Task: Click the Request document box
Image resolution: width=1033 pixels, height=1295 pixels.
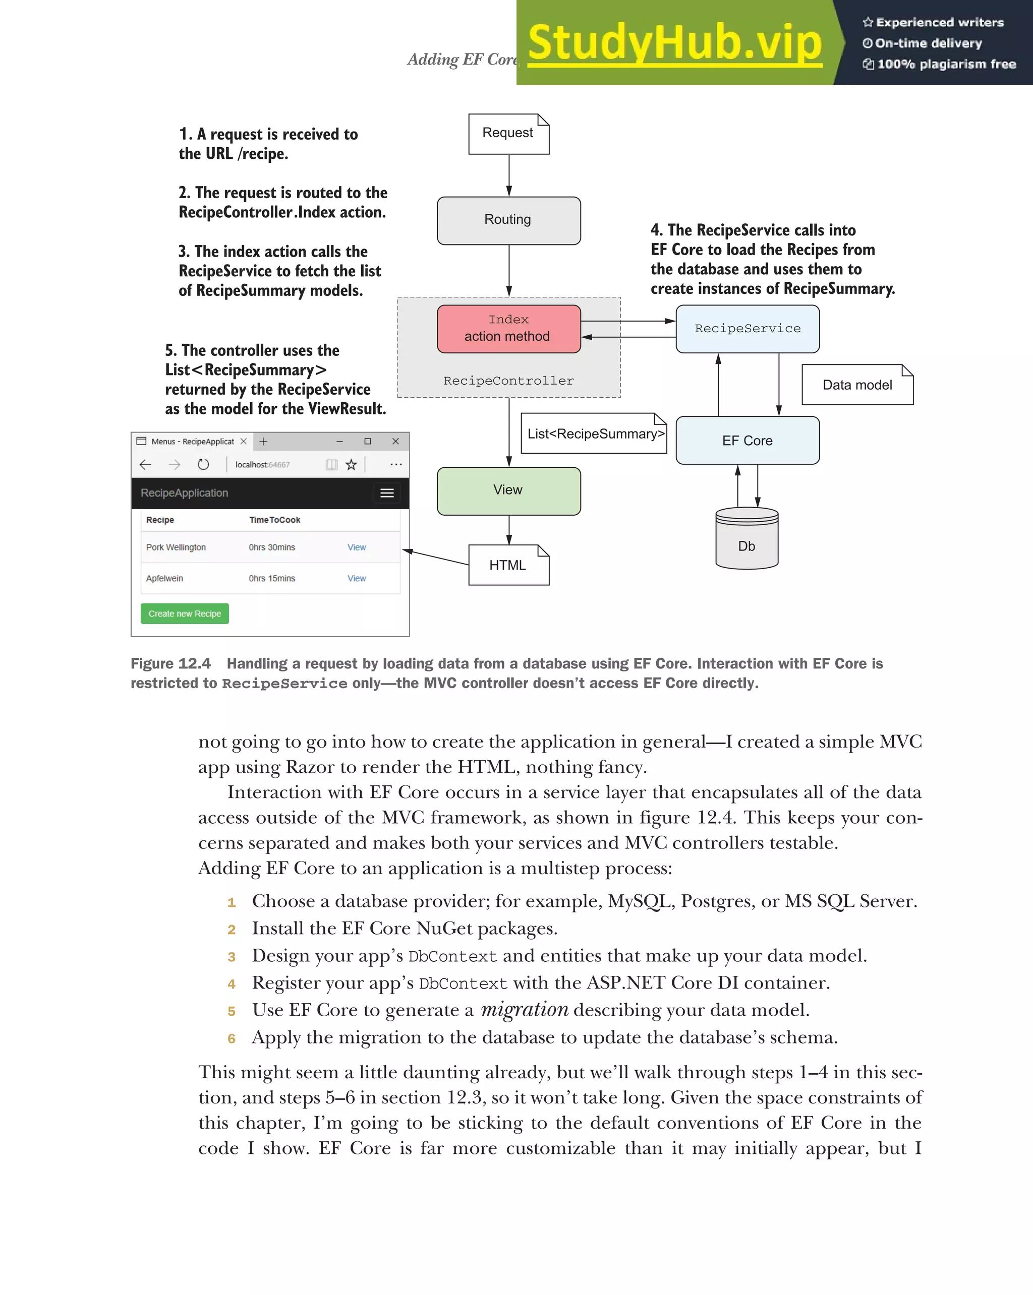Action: (x=508, y=134)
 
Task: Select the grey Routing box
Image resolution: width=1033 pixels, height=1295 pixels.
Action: (x=508, y=220)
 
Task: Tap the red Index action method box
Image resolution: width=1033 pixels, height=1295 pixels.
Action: (x=508, y=329)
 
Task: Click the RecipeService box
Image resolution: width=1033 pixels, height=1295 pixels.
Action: (x=747, y=329)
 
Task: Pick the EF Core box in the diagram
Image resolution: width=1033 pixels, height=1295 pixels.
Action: (x=747, y=440)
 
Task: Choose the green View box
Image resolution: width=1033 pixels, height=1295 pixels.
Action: (x=508, y=490)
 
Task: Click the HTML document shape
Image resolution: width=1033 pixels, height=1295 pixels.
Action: (x=508, y=565)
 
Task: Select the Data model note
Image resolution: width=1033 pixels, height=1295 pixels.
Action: (x=857, y=385)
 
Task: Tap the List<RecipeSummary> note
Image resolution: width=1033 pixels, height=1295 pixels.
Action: (x=594, y=434)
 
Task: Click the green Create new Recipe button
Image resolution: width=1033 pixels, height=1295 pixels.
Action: (x=185, y=613)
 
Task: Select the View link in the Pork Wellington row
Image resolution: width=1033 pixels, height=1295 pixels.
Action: (x=356, y=547)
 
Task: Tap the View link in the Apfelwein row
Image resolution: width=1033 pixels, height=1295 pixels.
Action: (x=356, y=578)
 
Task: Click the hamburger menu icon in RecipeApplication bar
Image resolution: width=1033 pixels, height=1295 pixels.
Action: (x=387, y=493)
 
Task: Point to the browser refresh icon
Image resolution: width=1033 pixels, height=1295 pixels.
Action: (x=203, y=464)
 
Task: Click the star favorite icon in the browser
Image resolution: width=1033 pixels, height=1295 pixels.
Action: (x=352, y=464)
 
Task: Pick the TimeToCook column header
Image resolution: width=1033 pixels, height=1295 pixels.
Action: (x=274, y=520)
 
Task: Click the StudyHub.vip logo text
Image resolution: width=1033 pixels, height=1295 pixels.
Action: (x=674, y=43)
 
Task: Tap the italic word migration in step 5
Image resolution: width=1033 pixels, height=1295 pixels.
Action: (x=524, y=1010)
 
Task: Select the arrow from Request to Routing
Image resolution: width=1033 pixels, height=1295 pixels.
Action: (x=509, y=175)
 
